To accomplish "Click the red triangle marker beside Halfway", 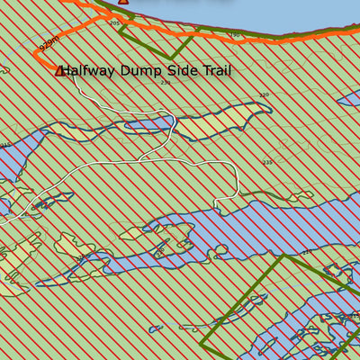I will [60, 70].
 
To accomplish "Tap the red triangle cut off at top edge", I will [123, 2].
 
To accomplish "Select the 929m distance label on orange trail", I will [50, 42].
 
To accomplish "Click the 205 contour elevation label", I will [114, 22].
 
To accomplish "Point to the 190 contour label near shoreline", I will [235, 36].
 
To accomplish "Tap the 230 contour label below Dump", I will [165, 83].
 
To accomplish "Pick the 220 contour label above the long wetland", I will [264, 94].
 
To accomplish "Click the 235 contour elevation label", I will [267, 162].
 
